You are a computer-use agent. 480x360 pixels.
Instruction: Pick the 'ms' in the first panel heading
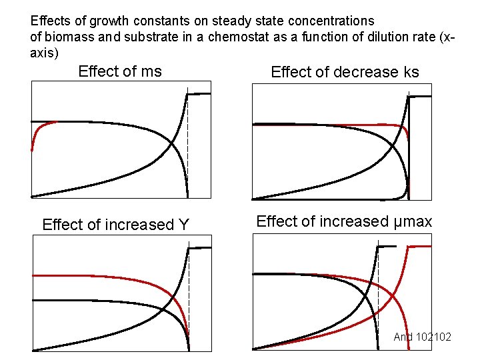[151, 71]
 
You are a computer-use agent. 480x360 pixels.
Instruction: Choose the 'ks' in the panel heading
[409, 72]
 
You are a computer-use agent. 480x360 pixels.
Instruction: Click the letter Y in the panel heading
[185, 225]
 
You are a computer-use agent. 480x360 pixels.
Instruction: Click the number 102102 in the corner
[433, 337]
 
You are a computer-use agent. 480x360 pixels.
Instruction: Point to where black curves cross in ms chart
[172, 145]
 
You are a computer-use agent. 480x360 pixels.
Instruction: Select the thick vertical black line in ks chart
[409, 147]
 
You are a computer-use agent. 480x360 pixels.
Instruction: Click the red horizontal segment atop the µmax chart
[419, 247]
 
